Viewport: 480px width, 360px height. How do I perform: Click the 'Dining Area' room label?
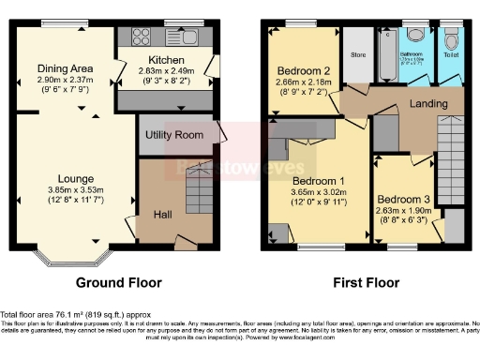point(65,67)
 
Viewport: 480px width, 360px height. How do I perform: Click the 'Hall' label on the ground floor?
point(161,216)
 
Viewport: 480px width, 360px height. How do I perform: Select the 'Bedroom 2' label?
point(302,70)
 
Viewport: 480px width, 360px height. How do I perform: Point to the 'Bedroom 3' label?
point(403,199)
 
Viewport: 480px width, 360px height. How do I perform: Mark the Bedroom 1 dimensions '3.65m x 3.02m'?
point(319,193)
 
